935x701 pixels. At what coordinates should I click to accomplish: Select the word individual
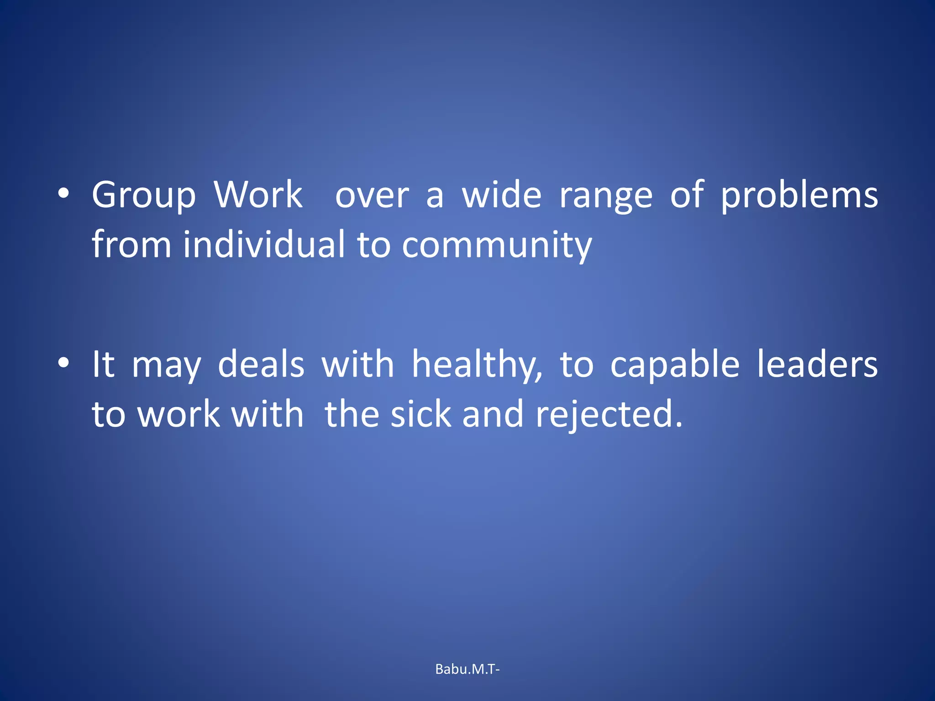click(264, 245)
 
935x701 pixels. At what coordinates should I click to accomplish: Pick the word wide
click(502, 195)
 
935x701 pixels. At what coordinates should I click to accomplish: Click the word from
click(131, 245)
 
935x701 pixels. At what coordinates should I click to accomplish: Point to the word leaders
click(817, 365)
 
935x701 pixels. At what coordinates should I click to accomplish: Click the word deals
click(261, 365)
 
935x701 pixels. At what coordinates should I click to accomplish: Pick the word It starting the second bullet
click(103, 365)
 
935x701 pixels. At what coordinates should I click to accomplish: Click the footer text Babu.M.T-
click(467, 669)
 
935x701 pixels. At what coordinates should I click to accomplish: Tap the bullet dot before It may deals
click(64, 363)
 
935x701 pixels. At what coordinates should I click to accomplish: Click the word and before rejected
click(493, 414)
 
